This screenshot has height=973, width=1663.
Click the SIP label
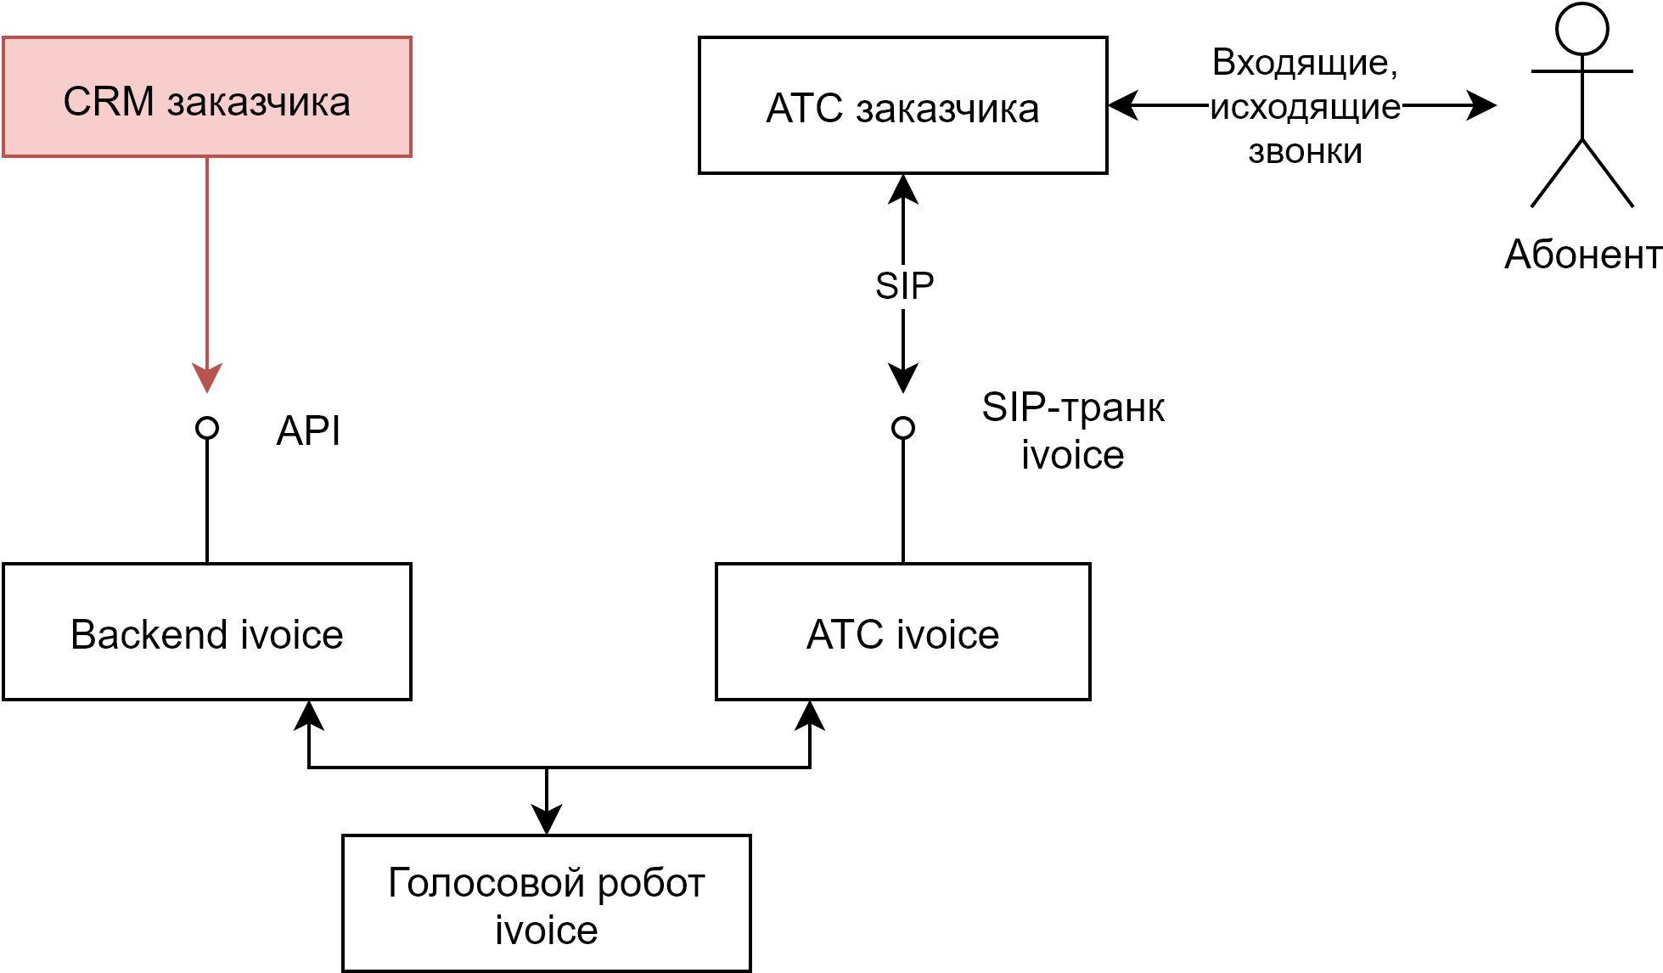pyautogui.click(x=904, y=286)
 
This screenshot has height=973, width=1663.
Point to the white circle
pyautogui.click(x=1582, y=30)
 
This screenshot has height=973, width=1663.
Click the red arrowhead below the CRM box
pyautogui.click(x=207, y=378)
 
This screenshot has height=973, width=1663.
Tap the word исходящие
pyautogui.click(x=1305, y=107)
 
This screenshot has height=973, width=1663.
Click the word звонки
pyautogui.click(x=1305, y=151)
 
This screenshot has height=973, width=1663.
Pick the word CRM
pyautogui.click(x=109, y=102)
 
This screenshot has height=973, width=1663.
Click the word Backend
pyautogui.click(x=149, y=634)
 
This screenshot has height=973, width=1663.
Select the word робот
pyautogui.click(x=651, y=883)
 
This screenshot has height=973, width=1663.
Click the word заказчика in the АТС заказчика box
pyautogui.click(x=947, y=109)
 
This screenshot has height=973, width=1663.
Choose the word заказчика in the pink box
pyautogui.click(x=258, y=102)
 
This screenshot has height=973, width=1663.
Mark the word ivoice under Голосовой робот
pyautogui.click(x=546, y=930)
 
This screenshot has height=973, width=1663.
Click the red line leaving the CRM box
pyautogui.click(x=207, y=255)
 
